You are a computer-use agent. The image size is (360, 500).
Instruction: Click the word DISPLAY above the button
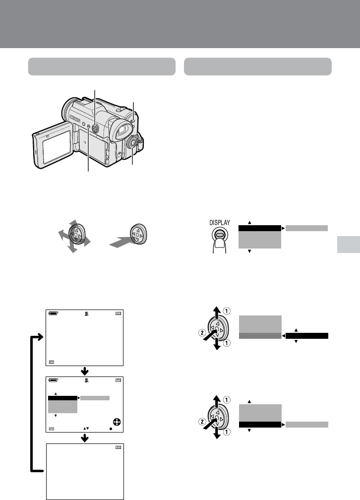point(219,223)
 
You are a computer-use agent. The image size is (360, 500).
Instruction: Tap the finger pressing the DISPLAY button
point(219,246)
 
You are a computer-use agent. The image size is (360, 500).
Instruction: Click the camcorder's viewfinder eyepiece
point(122,130)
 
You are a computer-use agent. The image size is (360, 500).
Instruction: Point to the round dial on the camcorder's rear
point(132,143)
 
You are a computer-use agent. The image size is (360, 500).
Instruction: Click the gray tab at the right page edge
point(349,245)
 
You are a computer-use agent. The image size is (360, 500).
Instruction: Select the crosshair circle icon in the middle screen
point(117,422)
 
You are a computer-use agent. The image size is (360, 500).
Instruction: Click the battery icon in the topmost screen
point(53,313)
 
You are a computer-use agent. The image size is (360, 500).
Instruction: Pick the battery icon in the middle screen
point(53,380)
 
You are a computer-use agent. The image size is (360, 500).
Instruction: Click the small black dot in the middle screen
point(111,429)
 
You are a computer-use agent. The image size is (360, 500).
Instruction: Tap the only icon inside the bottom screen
point(119,447)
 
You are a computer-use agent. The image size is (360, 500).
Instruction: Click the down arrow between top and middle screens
point(84,371)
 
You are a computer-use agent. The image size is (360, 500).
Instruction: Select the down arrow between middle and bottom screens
point(84,438)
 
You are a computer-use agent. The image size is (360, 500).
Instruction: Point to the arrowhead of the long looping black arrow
point(40,337)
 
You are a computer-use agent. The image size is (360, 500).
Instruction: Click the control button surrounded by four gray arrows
point(76,235)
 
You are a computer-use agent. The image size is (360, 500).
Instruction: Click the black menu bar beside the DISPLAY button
point(260,228)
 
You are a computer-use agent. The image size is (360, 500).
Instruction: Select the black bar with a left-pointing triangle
point(307,336)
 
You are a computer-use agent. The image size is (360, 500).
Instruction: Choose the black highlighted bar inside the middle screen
point(63,398)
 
